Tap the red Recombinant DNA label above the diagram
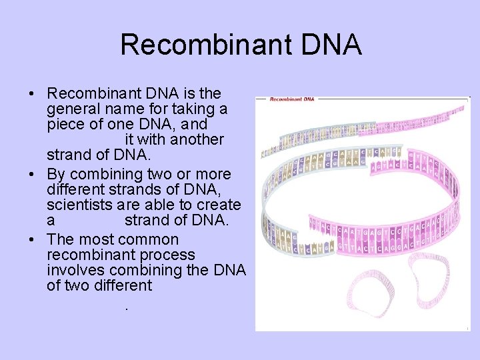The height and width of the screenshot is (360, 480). point(291,99)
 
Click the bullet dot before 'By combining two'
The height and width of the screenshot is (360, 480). point(33,175)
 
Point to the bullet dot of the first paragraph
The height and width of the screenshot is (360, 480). point(33,93)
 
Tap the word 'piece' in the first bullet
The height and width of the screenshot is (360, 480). point(65,125)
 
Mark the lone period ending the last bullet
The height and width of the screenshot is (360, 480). point(125,307)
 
